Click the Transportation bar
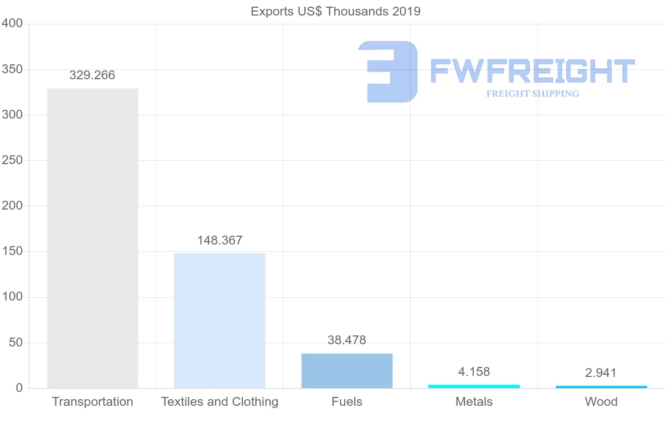[93, 238]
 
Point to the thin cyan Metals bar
[474, 386]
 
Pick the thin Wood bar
[601, 386]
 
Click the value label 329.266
[93, 75]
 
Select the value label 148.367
[219, 241]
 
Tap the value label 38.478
[347, 340]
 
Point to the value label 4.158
[474, 371]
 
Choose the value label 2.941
[601, 373]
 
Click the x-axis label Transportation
[93, 402]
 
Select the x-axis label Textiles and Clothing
[219, 402]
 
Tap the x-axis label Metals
[474, 402]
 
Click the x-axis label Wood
[601, 402]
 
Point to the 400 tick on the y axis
[12, 24]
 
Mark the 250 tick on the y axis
[12, 161]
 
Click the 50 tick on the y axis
[15, 343]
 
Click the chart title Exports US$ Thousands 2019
[336, 11]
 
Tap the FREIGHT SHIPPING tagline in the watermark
[533, 94]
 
